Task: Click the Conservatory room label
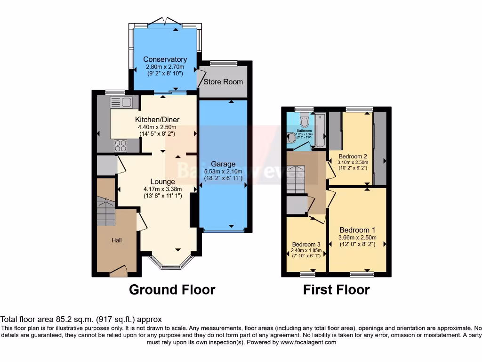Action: pyautogui.click(x=165, y=59)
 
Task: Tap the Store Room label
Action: pyautogui.click(x=223, y=82)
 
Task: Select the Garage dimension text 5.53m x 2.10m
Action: pyautogui.click(x=223, y=172)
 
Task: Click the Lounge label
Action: pyautogui.click(x=162, y=181)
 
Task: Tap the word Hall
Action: pyautogui.click(x=117, y=240)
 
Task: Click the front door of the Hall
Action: pyautogui.click(x=119, y=271)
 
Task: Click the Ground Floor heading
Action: pyautogui.click(x=172, y=289)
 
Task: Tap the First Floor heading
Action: pyautogui.click(x=336, y=289)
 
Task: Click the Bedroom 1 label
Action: pyautogui.click(x=357, y=230)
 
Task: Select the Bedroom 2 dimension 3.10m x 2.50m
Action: pyautogui.click(x=353, y=163)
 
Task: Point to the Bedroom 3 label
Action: pyautogui.click(x=306, y=244)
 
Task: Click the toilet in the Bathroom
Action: pyautogui.click(x=304, y=122)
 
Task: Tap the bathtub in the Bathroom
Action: pyautogui.click(x=321, y=129)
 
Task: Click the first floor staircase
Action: pyautogui.click(x=297, y=179)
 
